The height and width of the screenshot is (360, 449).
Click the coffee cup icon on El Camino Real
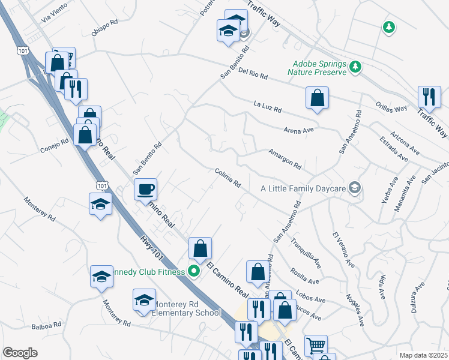click(145, 190)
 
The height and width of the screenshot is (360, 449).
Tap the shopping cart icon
click(316, 346)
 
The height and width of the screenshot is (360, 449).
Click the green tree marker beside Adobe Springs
click(356, 67)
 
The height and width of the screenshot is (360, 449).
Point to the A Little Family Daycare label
click(303, 188)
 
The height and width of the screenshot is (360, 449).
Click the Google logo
click(20, 352)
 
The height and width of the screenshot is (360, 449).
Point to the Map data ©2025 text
click(423, 355)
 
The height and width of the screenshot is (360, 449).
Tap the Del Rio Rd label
click(252, 75)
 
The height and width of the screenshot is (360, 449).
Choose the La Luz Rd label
click(267, 108)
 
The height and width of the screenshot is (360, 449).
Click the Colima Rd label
click(228, 178)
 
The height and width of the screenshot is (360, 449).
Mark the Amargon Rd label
click(285, 158)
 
